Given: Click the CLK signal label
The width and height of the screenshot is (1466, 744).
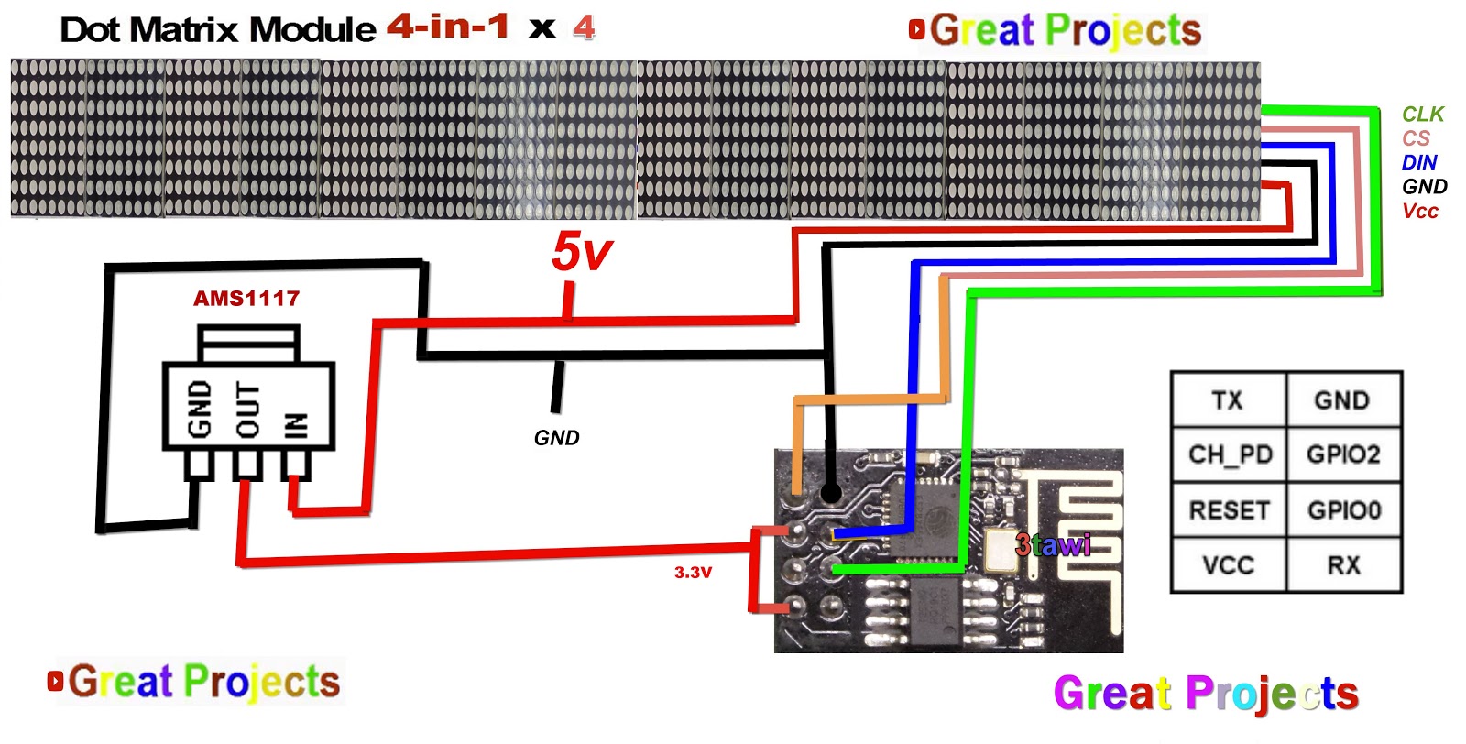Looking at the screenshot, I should coord(1422,115).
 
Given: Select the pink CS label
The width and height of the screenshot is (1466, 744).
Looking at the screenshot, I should coord(1416,138).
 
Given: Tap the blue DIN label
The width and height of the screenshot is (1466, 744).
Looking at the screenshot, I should coord(1419,162).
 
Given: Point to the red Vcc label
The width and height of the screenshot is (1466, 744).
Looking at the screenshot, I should coord(1420,211).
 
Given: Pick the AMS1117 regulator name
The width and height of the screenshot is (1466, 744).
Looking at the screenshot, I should coord(246,298).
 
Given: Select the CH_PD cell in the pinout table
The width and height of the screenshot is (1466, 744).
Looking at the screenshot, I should coord(1230,454).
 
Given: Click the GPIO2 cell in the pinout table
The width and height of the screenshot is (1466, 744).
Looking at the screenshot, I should coord(1343,454).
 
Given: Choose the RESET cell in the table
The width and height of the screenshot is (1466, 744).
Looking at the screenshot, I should coord(1230,510).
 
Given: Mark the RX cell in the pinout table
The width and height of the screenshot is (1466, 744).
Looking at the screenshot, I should coord(1343,565).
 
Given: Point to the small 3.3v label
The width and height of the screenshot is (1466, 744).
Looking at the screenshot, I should coord(693,573).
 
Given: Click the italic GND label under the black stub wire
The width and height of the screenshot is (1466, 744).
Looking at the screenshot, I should coord(556,438).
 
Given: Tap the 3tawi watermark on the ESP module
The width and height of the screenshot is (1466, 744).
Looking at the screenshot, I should coord(1053,545).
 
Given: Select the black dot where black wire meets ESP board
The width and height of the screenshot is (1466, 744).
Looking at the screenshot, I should coord(830,494).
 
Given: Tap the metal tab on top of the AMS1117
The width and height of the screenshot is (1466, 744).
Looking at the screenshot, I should coord(248,343).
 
